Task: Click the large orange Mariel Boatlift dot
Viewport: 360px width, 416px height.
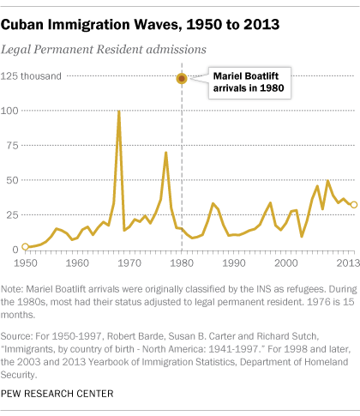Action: pos(182,78)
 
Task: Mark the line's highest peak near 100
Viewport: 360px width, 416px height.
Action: pos(118,112)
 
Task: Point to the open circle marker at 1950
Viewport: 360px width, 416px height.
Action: pos(25,246)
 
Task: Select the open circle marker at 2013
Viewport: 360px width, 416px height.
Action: pos(353,205)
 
